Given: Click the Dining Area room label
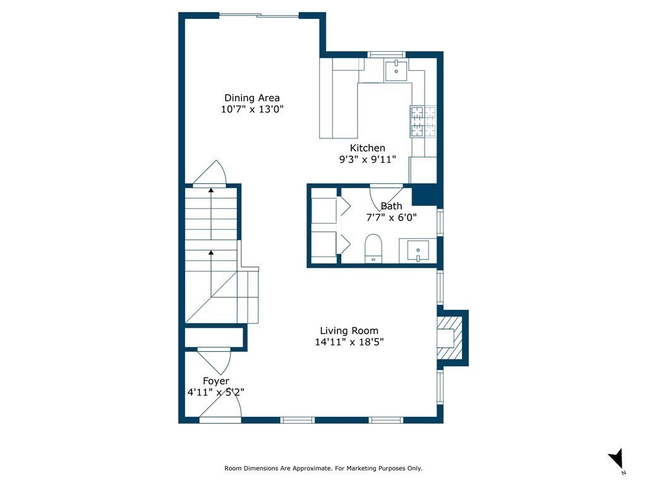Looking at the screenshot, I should point(252,98).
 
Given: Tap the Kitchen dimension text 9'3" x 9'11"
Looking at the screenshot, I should point(367,160).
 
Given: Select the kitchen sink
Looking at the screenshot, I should point(396,71).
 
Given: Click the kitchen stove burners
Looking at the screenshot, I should point(424,122).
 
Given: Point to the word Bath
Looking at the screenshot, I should point(391,206).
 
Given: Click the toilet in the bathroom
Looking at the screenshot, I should point(373,248).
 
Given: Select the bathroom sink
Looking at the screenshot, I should point(418,250).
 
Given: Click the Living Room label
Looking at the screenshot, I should point(349,330).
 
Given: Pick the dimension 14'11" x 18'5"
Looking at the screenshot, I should point(349,342).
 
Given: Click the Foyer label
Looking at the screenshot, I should point(216,381).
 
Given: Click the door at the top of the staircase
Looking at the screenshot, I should point(210,174).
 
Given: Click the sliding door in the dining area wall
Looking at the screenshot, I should point(258,15).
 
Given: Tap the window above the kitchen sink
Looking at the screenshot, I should point(386,54).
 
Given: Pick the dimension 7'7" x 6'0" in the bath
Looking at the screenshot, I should point(391,217).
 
